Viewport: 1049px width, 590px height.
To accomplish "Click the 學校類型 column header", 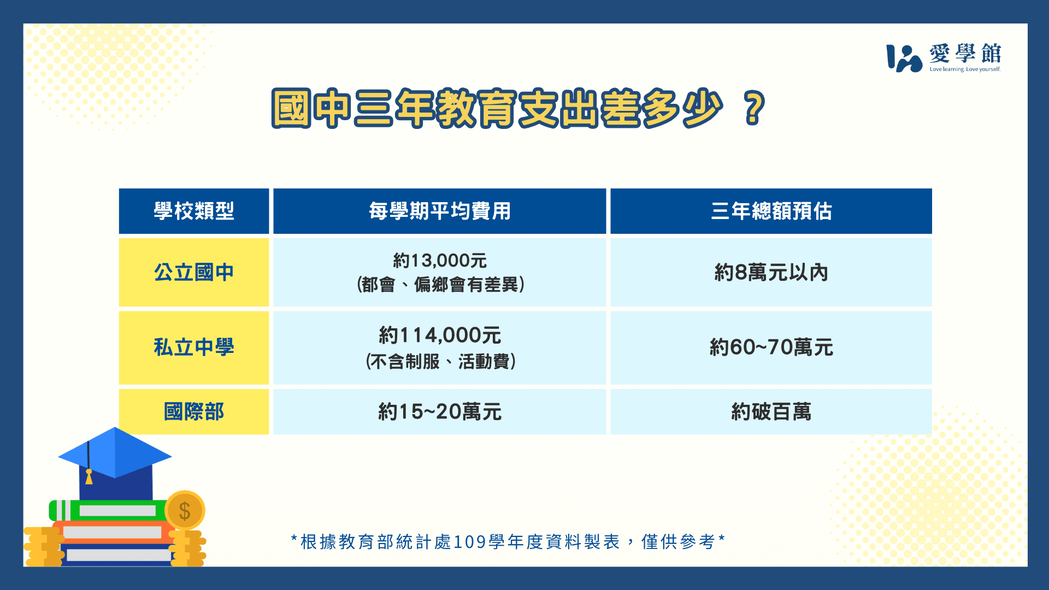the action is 194,211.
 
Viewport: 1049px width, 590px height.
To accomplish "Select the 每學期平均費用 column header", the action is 440,211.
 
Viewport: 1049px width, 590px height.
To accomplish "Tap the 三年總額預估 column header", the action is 771,211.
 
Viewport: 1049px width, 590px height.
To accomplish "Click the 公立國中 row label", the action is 194,272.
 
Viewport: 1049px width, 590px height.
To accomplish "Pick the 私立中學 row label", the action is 194,347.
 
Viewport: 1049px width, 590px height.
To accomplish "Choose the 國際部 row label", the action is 194,411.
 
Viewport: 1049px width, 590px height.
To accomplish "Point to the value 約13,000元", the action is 440,261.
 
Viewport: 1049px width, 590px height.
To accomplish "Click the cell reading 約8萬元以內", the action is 771,272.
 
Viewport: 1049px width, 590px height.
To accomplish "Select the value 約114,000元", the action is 440,335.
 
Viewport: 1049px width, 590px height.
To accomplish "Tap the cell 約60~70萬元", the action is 771,347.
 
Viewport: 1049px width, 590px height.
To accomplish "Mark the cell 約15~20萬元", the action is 440,411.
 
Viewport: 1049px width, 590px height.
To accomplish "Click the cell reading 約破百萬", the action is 771,411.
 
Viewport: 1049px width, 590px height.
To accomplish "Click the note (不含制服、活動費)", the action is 440,361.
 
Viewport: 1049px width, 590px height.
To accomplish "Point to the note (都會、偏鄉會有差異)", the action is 440,284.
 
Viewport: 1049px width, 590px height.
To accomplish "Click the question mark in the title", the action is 754,108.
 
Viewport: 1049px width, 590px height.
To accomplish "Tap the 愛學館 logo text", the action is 965,54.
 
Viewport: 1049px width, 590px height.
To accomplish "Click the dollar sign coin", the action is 185,511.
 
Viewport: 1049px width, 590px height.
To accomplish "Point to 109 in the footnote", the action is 470,542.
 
